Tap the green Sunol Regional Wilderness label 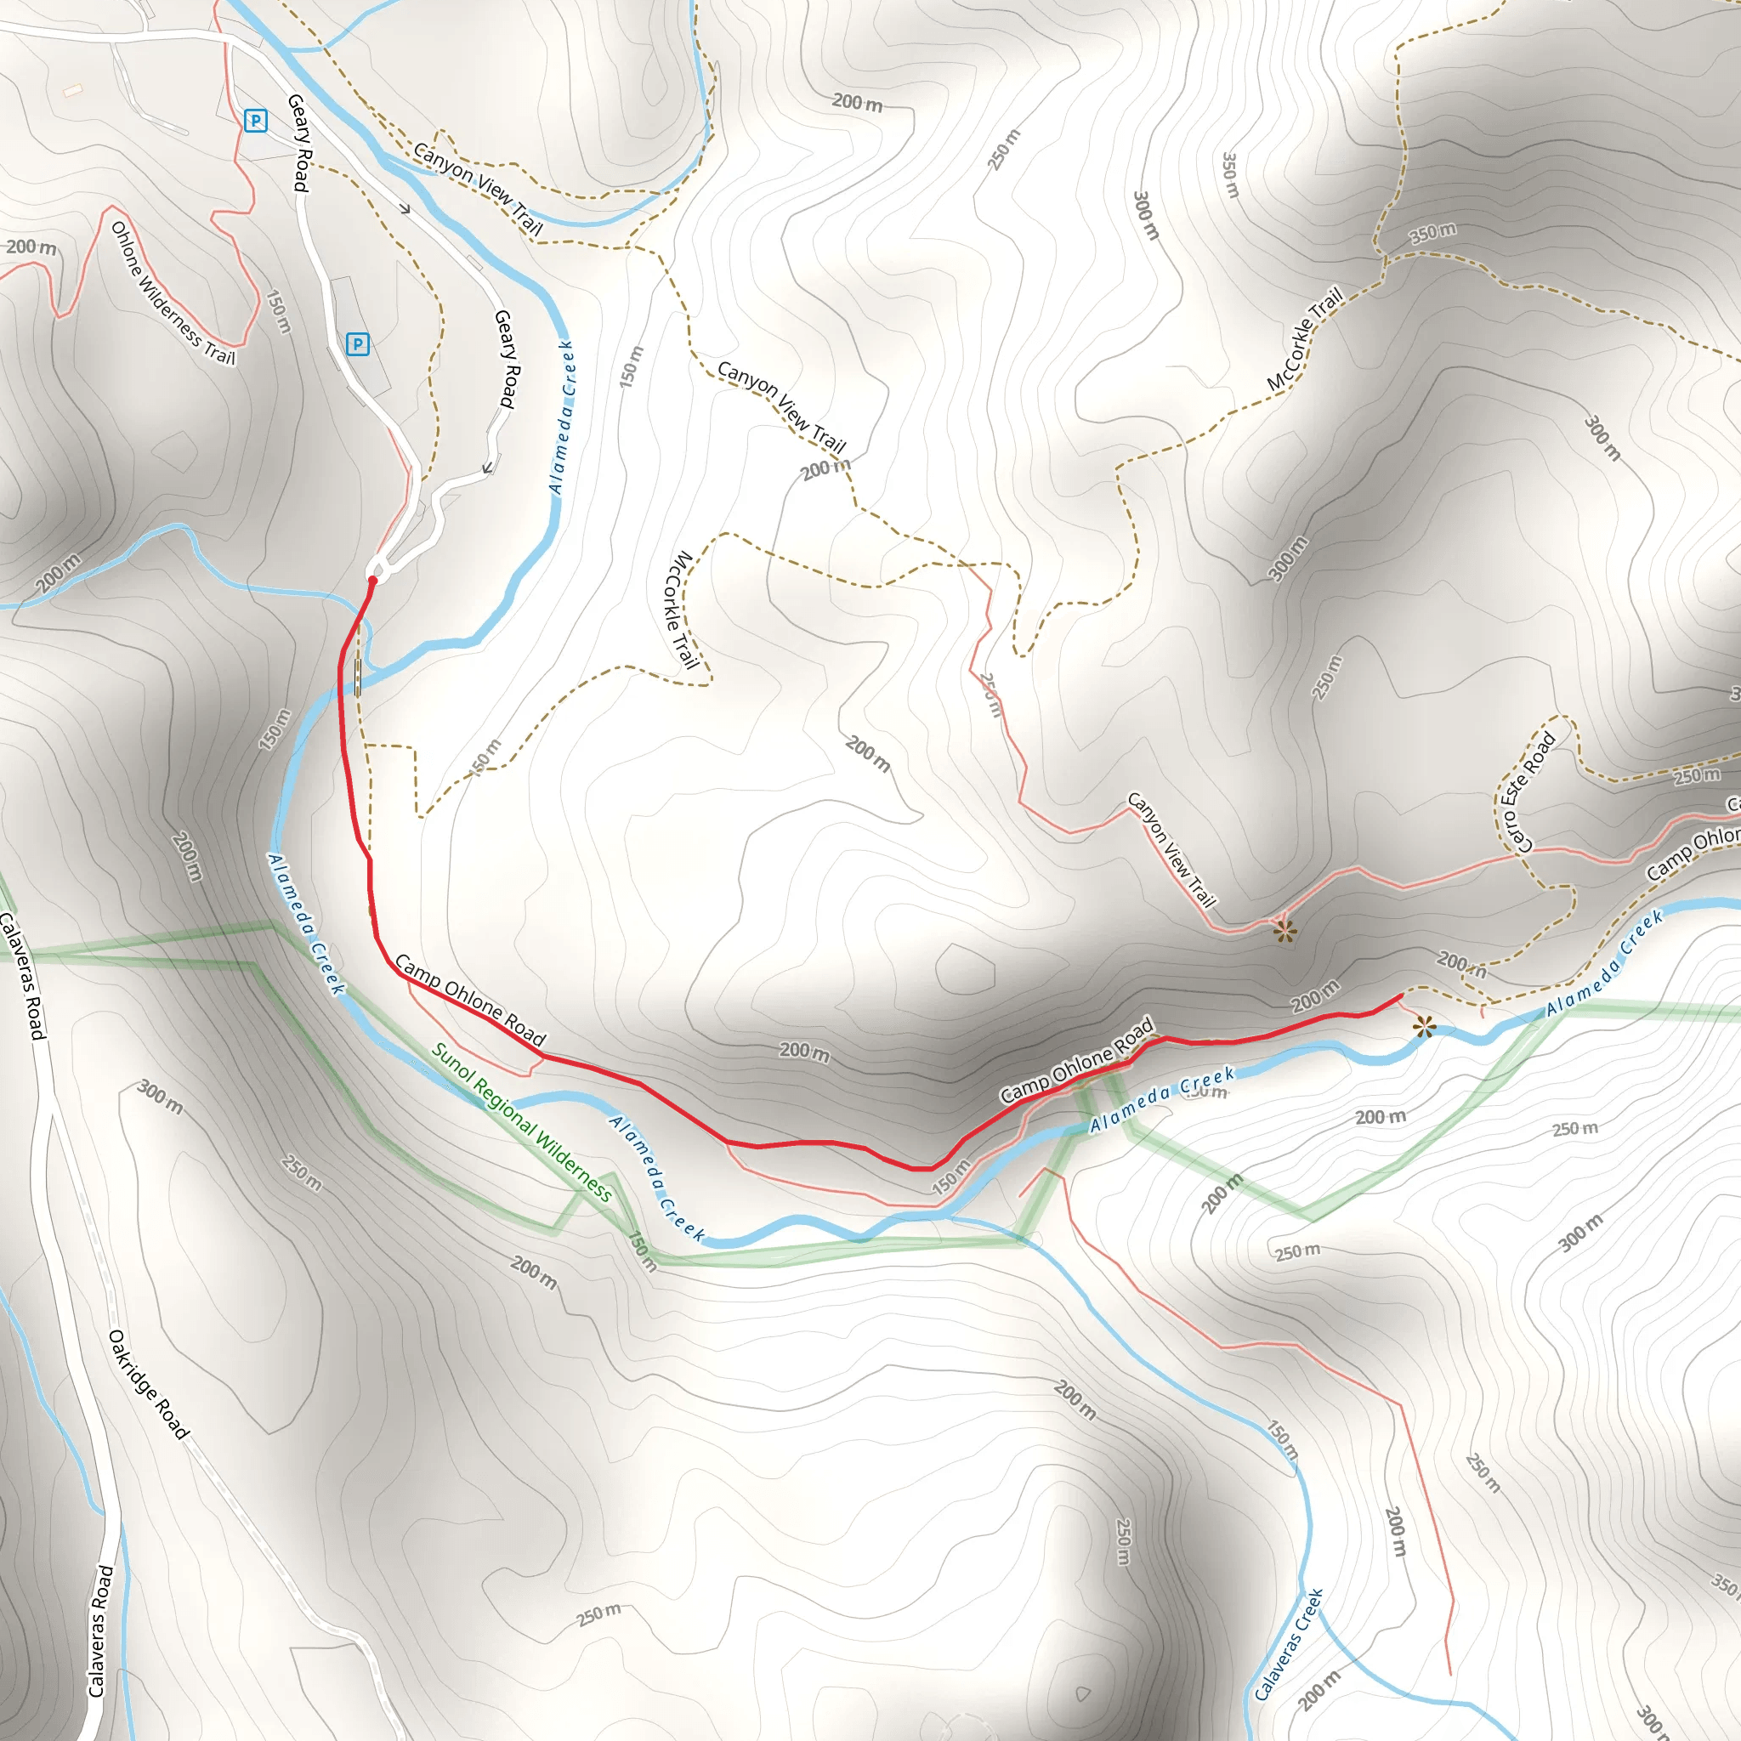pyautogui.click(x=522, y=1122)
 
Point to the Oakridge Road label pyautogui.click(x=149, y=1384)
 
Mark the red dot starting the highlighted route pyautogui.click(x=372, y=581)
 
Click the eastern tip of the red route pyautogui.click(x=1399, y=995)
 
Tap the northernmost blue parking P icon pyautogui.click(x=256, y=120)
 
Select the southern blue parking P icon pyautogui.click(x=358, y=343)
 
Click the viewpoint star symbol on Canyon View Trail pyautogui.click(x=1285, y=931)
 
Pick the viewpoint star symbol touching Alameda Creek pyautogui.click(x=1424, y=1026)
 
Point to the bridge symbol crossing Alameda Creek pyautogui.click(x=359, y=678)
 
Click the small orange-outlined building pyautogui.click(x=73, y=90)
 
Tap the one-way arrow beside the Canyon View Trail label pyautogui.click(x=405, y=209)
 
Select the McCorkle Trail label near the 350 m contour pyautogui.click(x=1305, y=339)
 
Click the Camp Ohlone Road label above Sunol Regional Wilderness pyautogui.click(x=470, y=1001)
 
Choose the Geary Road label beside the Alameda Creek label pyautogui.click(x=508, y=359)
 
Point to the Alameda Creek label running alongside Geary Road pyautogui.click(x=561, y=417)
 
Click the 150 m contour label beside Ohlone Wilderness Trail pyautogui.click(x=280, y=312)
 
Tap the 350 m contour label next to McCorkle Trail pyautogui.click(x=1432, y=234)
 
